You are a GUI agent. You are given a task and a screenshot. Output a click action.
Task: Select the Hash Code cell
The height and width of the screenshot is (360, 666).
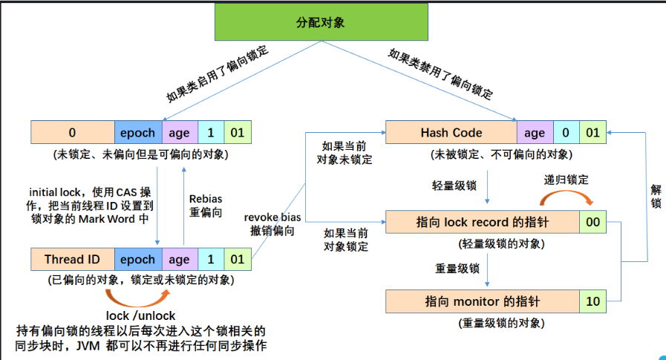(451, 133)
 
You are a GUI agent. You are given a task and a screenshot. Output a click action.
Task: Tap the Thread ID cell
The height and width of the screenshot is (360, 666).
(73, 260)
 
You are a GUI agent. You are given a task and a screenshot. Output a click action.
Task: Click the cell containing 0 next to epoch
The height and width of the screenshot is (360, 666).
(73, 133)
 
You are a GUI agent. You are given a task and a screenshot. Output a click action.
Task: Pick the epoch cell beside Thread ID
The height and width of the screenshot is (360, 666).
(137, 260)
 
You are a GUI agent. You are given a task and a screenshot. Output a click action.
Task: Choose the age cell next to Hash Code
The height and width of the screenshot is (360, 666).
(535, 133)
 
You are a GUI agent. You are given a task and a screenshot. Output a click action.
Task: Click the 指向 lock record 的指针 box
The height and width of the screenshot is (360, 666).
(483, 221)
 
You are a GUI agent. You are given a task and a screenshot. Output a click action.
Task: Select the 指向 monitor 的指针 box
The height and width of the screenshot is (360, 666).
(483, 302)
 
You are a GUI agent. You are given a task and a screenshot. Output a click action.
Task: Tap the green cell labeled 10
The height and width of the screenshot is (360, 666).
(592, 302)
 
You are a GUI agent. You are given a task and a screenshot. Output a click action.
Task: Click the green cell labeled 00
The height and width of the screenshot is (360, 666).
(592, 221)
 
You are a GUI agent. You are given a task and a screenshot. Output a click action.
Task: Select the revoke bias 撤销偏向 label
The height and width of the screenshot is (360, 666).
(272, 223)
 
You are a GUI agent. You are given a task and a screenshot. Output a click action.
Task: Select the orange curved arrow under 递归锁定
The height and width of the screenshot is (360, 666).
(567, 197)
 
